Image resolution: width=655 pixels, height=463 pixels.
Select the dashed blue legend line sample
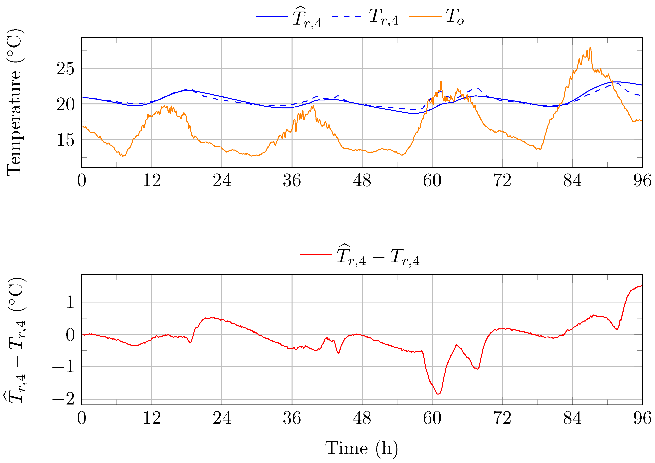pyautogui.click(x=347, y=17)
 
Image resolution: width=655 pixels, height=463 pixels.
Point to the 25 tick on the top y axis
pyautogui.click(x=65, y=68)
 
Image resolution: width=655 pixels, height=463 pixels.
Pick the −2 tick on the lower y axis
pyautogui.click(x=63, y=399)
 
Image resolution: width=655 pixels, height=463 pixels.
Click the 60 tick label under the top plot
pyautogui.click(x=432, y=180)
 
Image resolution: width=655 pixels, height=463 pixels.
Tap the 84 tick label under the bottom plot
pyautogui.click(x=572, y=418)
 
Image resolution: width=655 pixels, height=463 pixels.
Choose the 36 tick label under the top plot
pyautogui.click(x=292, y=180)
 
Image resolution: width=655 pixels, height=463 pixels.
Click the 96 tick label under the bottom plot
pyautogui.click(x=642, y=418)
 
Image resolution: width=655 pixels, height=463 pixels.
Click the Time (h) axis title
pyautogui.click(x=361, y=448)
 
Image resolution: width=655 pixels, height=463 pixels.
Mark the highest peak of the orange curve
pyautogui.click(x=590, y=47)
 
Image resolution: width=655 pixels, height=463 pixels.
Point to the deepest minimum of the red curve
pyautogui.click(x=438, y=394)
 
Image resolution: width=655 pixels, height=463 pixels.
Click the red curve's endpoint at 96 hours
pyautogui.click(x=642, y=286)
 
